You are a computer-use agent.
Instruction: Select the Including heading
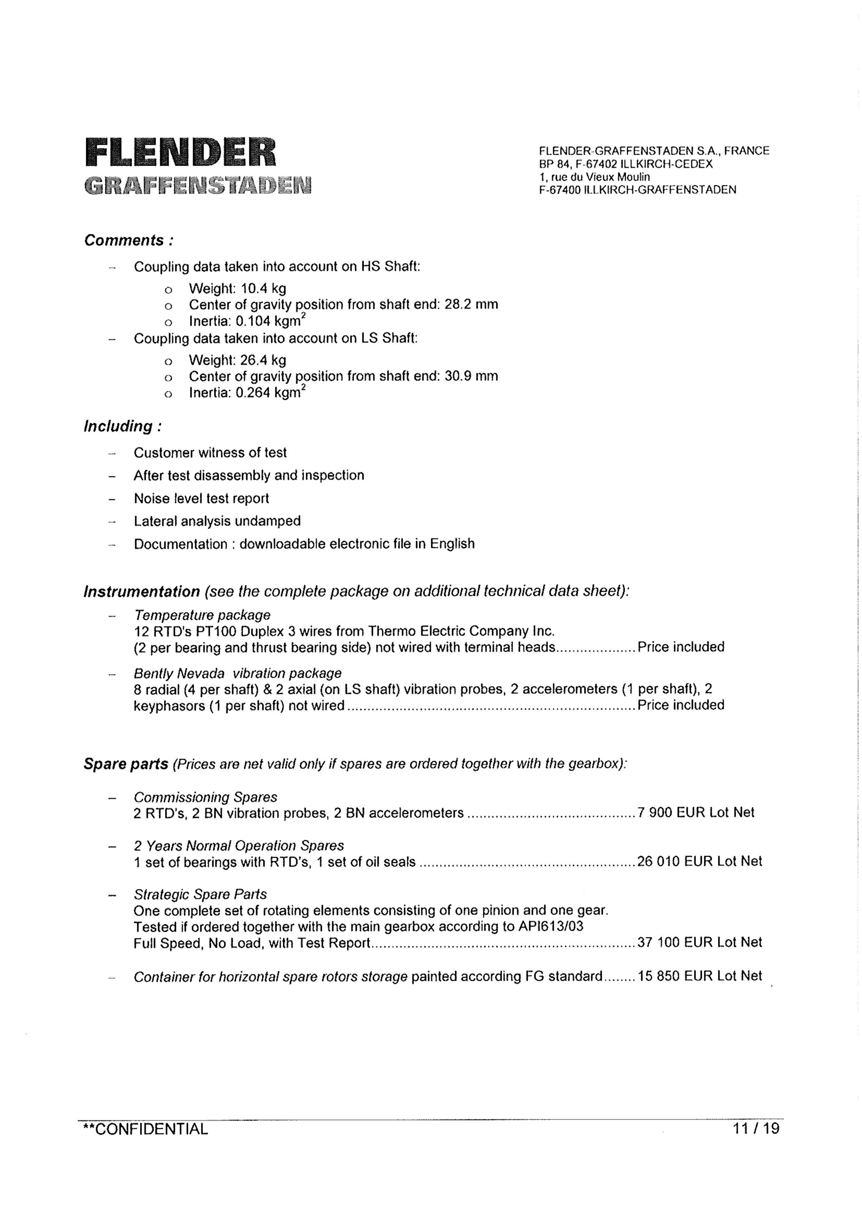point(123,426)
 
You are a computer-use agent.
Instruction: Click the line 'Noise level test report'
point(201,499)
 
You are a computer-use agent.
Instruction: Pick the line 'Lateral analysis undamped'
point(217,521)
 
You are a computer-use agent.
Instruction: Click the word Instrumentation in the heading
point(142,591)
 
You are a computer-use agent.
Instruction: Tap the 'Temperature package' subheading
point(202,615)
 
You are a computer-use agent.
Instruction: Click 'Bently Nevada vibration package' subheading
point(237,673)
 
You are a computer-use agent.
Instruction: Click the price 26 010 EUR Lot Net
point(699,861)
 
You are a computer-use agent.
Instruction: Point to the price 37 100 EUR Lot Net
point(699,942)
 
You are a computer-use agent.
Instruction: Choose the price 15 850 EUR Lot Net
point(699,976)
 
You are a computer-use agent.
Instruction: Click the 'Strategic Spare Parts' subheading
point(200,894)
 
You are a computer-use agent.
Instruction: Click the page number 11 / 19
point(756,1128)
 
